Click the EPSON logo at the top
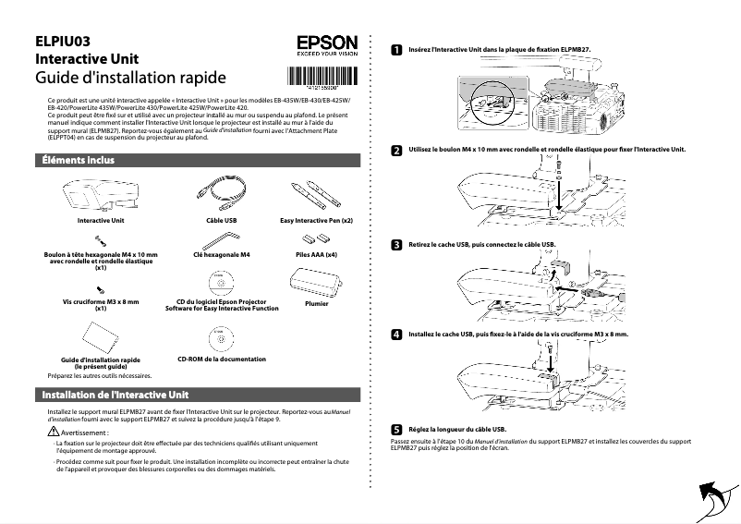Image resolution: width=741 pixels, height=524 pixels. (x=326, y=43)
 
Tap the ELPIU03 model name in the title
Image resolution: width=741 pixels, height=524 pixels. (x=62, y=41)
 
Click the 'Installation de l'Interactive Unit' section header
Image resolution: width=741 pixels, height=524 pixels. (x=115, y=395)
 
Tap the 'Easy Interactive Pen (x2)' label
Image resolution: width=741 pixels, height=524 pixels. (x=316, y=222)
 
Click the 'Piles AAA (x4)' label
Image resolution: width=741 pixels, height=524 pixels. (x=316, y=253)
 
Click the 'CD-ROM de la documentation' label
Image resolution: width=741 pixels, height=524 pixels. (x=221, y=359)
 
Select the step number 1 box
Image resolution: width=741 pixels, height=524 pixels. (x=396, y=49)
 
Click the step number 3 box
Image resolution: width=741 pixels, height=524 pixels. (x=396, y=245)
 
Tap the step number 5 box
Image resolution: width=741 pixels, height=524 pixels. (x=396, y=430)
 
